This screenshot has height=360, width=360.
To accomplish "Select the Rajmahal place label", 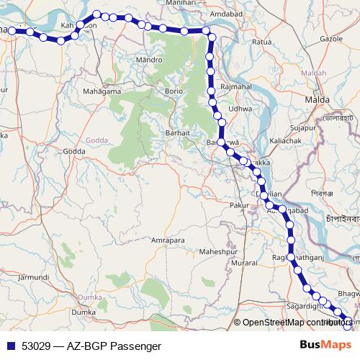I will click(x=235, y=86).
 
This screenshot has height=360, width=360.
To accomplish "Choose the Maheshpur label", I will click(x=218, y=252).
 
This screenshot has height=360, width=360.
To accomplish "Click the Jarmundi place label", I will click(x=34, y=276).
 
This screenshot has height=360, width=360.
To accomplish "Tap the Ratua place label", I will click(x=261, y=42).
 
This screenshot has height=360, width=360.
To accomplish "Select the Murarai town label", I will click(x=244, y=264).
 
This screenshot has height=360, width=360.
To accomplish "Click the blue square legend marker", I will click(x=8, y=346).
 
